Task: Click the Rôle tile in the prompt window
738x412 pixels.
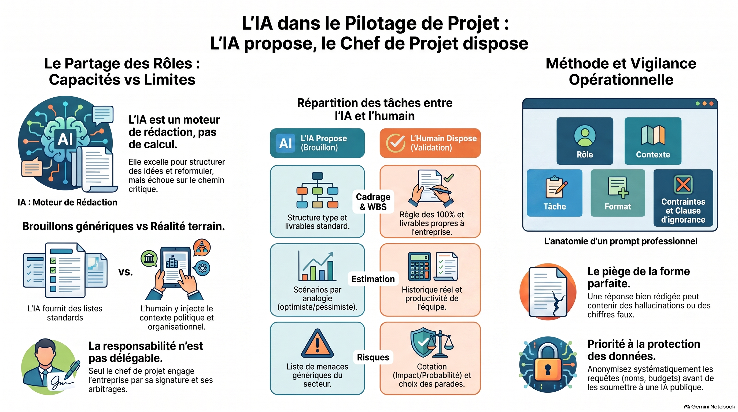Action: (585, 141)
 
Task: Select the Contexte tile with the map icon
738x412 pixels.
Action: (653, 141)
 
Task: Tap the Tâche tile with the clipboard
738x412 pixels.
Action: (555, 193)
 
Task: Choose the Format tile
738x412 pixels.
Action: (618, 193)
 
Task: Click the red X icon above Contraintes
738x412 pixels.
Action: (683, 184)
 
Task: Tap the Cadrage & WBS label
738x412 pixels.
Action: (373, 202)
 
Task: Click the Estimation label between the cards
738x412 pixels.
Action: (373, 279)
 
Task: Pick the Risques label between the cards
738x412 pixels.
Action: (373, 357)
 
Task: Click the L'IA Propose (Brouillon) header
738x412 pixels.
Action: (317, 143)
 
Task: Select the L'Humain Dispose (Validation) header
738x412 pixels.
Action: (430, 143)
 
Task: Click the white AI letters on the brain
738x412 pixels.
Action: (65, 139)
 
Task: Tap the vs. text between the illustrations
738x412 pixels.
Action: (126, 272)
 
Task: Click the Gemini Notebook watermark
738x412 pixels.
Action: (709, 407)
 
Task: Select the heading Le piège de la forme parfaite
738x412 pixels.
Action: (639, 277)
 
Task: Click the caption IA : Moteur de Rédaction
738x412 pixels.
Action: (67, 202)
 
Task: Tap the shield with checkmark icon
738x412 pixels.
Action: (423, 342)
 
